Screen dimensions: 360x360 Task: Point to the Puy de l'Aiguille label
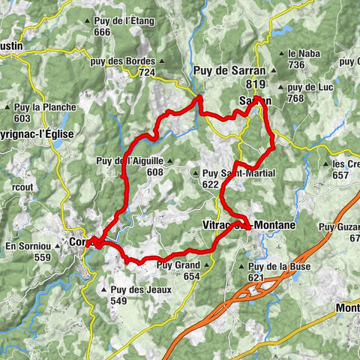[x=129, y=160]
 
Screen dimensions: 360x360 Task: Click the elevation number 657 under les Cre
[x=341, y=175]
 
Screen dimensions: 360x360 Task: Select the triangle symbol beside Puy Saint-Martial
[x=196, y=173]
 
